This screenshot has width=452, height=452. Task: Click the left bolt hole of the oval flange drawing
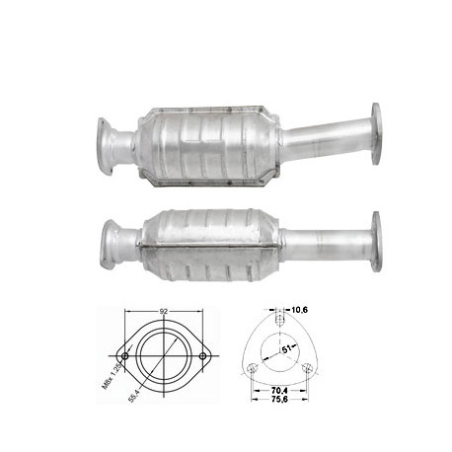(124, 356)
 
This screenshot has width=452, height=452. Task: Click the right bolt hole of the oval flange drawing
(203, 356)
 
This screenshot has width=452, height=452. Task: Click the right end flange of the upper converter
(376, 131)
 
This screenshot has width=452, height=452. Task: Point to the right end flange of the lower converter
(376, 240)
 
